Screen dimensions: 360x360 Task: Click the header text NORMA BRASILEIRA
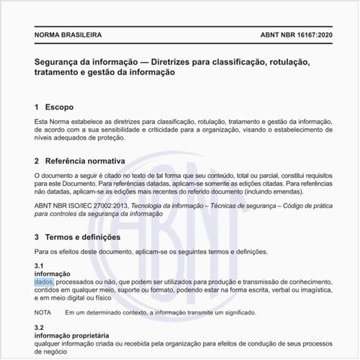coord(68,35)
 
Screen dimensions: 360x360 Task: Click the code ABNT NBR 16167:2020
coord(296,35)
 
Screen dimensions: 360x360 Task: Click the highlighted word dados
coord(43,282)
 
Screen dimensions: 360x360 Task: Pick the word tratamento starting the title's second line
coord(60,73)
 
